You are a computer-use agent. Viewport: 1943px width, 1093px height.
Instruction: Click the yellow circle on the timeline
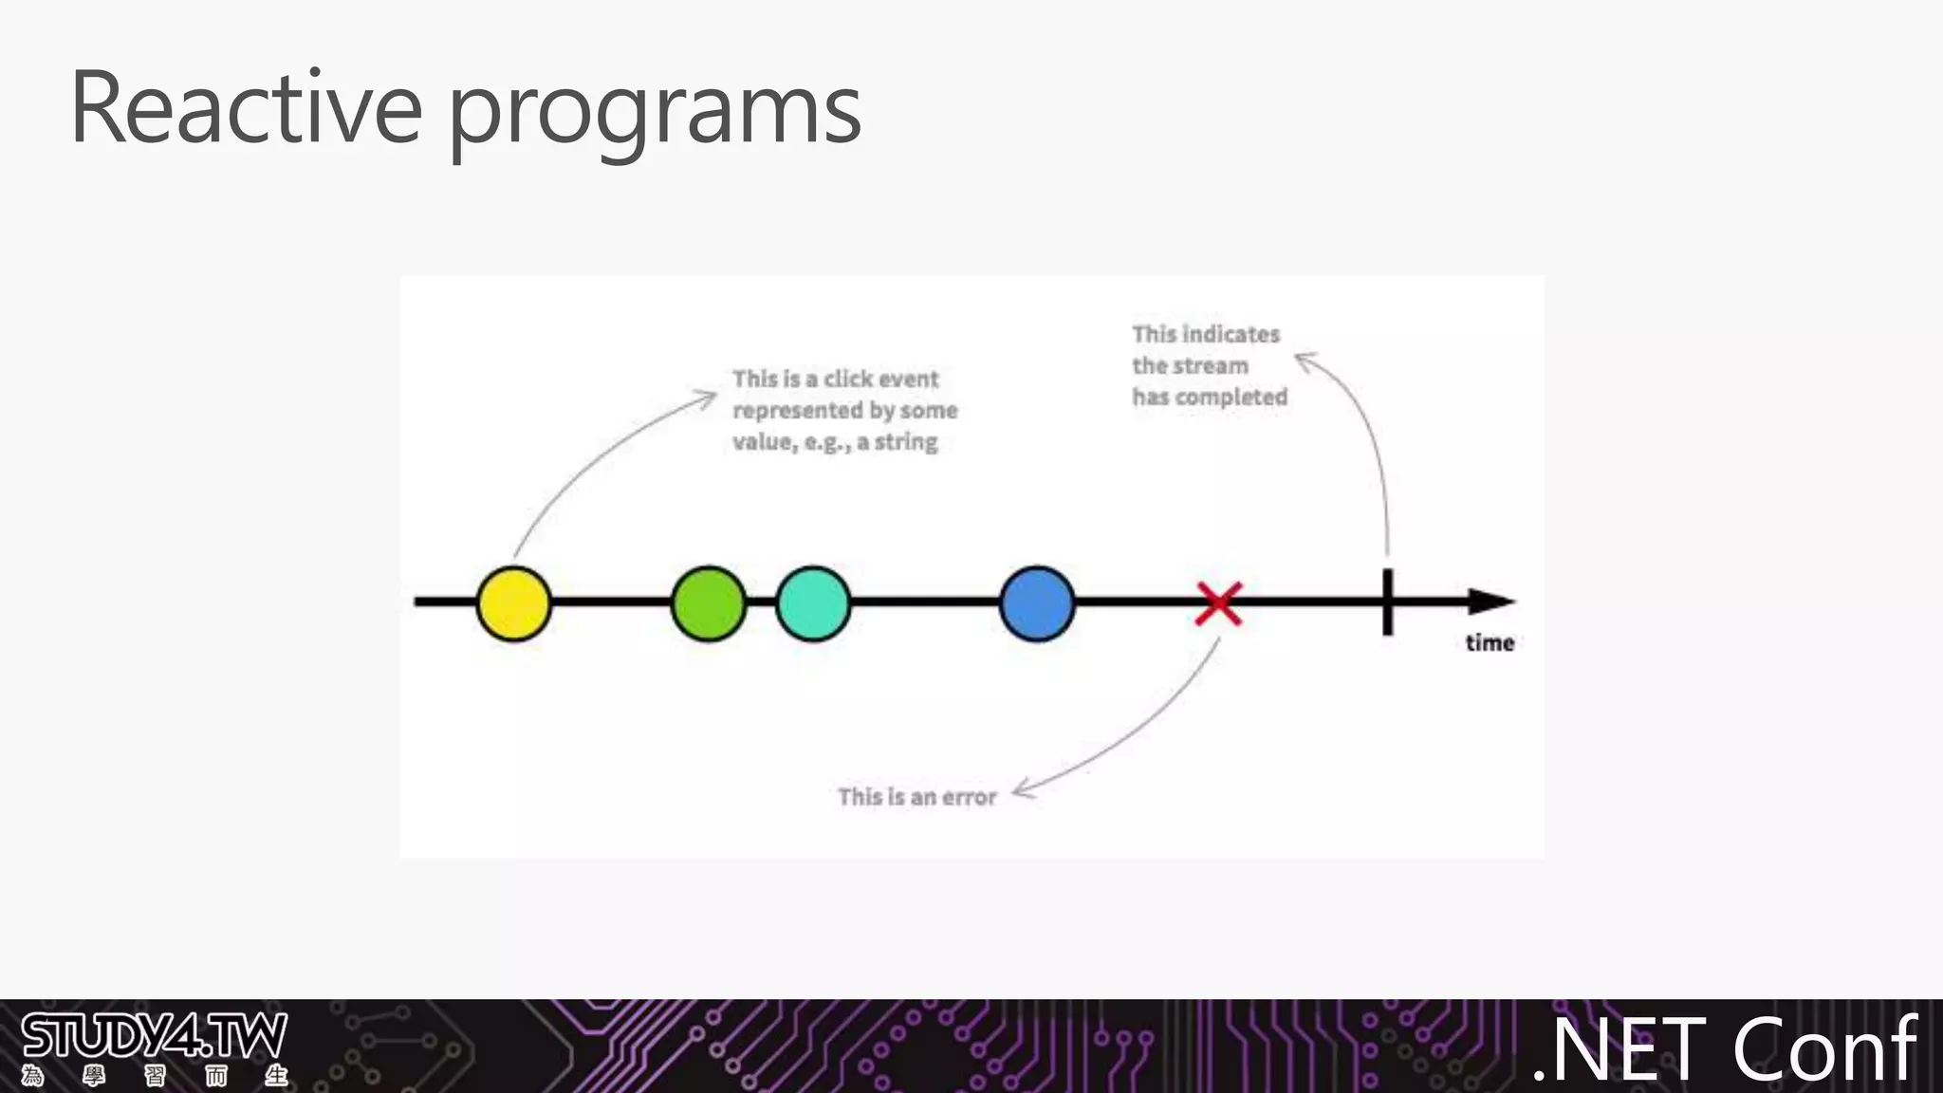tap(513, 603)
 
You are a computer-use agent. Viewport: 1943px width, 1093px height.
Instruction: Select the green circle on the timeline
tap(708, 603)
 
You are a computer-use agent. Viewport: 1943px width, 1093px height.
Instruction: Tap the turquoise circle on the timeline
tap(813, 603)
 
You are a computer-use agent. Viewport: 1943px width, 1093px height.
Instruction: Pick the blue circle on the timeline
tap(1037, 603)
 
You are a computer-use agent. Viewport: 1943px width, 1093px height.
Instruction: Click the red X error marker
tap(1219, 604)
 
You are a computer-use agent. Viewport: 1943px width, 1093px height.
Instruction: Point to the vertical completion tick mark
tap(1388, 602)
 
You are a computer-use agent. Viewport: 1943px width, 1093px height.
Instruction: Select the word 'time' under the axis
tap(1490, 643)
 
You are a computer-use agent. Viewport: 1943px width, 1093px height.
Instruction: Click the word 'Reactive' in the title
tap(246, 108)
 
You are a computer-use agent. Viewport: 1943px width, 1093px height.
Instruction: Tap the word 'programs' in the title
tap(654, 114)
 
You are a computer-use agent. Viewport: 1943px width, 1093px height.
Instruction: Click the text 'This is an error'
tap(916, 797)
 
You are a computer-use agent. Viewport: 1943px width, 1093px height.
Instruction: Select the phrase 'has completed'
tap(1210, 398)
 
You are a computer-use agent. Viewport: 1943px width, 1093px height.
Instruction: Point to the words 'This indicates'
tap(1206, 334)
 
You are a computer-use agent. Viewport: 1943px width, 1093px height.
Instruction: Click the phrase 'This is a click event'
tap(835, 380)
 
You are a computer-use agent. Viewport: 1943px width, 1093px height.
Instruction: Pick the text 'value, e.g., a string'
tap(835, 442)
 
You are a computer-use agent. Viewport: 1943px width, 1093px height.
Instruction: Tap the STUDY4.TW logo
tap(154, 1047)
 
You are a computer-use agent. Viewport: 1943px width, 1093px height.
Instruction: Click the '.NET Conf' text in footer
tap(1725, 1049)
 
